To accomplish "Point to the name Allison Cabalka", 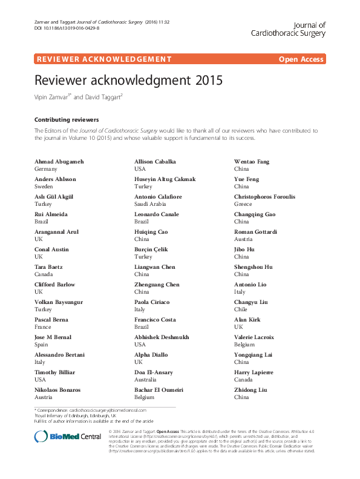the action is point(155,162).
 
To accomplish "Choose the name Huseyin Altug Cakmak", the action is point(165,179).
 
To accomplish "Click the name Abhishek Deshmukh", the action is point(161,337).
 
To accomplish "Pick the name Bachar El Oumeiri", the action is point(159,390).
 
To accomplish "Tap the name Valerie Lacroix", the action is point(254,337).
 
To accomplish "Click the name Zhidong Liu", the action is point(250,390).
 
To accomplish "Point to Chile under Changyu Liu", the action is point(241,310).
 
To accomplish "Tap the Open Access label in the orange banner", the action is point(301,59).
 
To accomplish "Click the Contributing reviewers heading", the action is point(67,120).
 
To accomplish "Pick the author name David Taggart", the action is point(106,97).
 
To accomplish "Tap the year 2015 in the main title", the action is point(209,80).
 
